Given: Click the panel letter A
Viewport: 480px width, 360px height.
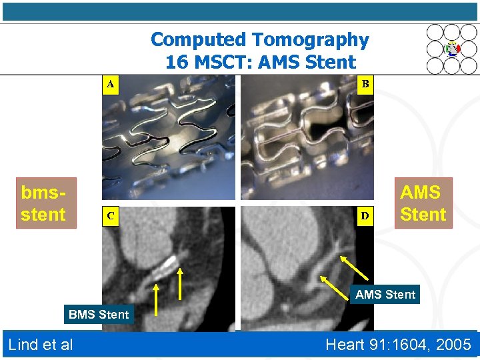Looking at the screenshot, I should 111,85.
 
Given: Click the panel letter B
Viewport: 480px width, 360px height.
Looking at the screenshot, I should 365,85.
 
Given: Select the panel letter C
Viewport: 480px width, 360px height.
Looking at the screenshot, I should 111,217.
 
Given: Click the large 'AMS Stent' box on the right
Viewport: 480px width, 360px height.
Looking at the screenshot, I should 423,203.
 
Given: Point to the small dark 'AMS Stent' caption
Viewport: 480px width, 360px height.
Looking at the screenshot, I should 385,294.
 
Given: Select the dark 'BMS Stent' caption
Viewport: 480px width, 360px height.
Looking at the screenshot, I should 99,314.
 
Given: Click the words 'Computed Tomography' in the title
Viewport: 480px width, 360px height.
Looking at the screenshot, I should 259,40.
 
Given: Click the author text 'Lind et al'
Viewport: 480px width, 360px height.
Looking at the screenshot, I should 41,345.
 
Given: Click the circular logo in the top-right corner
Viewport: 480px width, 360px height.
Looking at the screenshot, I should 453,48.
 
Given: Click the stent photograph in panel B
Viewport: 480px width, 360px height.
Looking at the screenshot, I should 306,137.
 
